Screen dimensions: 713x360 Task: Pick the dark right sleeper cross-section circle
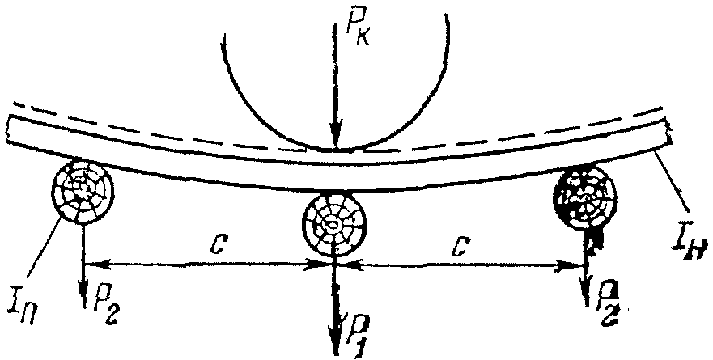tap(584, 196)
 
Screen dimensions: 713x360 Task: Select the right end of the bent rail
tap(669, 133)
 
